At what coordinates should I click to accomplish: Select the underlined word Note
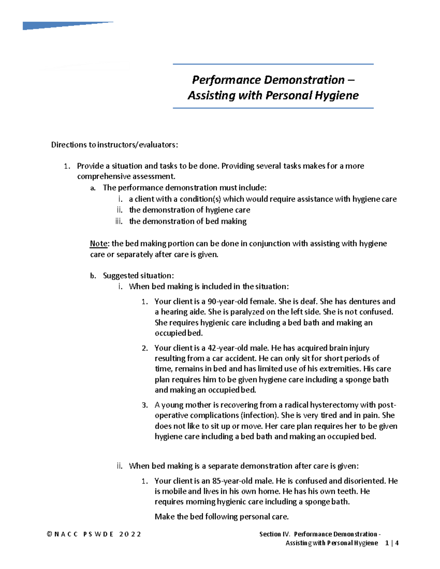(x=99, y=244)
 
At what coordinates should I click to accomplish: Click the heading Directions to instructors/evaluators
(x=114, y=145)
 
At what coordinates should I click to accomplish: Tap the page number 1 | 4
(x=392, y=543)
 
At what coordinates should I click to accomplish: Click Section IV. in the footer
(x=275, y=534)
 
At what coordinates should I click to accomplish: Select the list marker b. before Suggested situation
(x=93, y=276)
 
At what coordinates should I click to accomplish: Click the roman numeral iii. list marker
(x=119, y=221)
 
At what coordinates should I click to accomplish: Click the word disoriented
(x=364, y=481)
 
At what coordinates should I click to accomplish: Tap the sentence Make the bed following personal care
(x=221, y=517)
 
